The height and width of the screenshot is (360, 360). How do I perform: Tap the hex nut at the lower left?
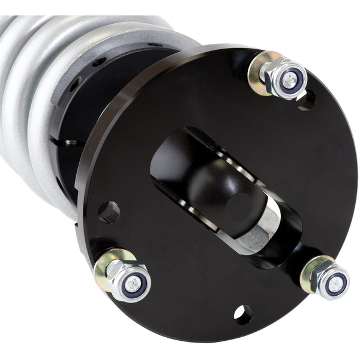click(x=128, y=279)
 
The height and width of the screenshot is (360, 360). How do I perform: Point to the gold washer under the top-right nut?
click(x=263, y=71)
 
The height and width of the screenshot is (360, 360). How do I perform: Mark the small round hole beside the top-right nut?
click(x=305, y=100)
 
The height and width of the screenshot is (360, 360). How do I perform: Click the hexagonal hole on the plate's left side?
click(x=109, y=212)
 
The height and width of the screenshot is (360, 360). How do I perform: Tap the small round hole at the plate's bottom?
click(x=242, y=314)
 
